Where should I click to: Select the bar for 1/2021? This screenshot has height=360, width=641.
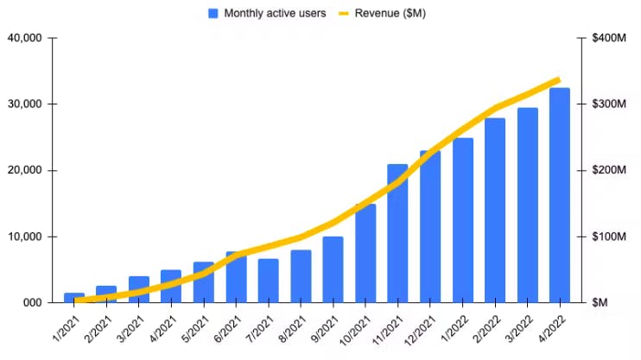[x=74, y=298]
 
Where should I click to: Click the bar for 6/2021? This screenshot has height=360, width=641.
[x=236, y=277]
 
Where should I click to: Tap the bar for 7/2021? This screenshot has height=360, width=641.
[x=269, y=281]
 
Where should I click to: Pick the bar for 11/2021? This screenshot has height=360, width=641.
[x=397, y=233]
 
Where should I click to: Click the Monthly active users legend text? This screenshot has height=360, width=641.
[x=275, y=14]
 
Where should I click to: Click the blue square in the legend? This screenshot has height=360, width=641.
[x=213, y=14]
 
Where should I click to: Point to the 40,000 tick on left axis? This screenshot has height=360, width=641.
[x=24, y=38]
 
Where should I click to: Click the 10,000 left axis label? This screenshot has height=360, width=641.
[x=24, y=237]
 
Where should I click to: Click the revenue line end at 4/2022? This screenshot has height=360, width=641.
[x=558, y=80]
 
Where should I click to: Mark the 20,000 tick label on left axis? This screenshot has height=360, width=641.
[x=24, y=170]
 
